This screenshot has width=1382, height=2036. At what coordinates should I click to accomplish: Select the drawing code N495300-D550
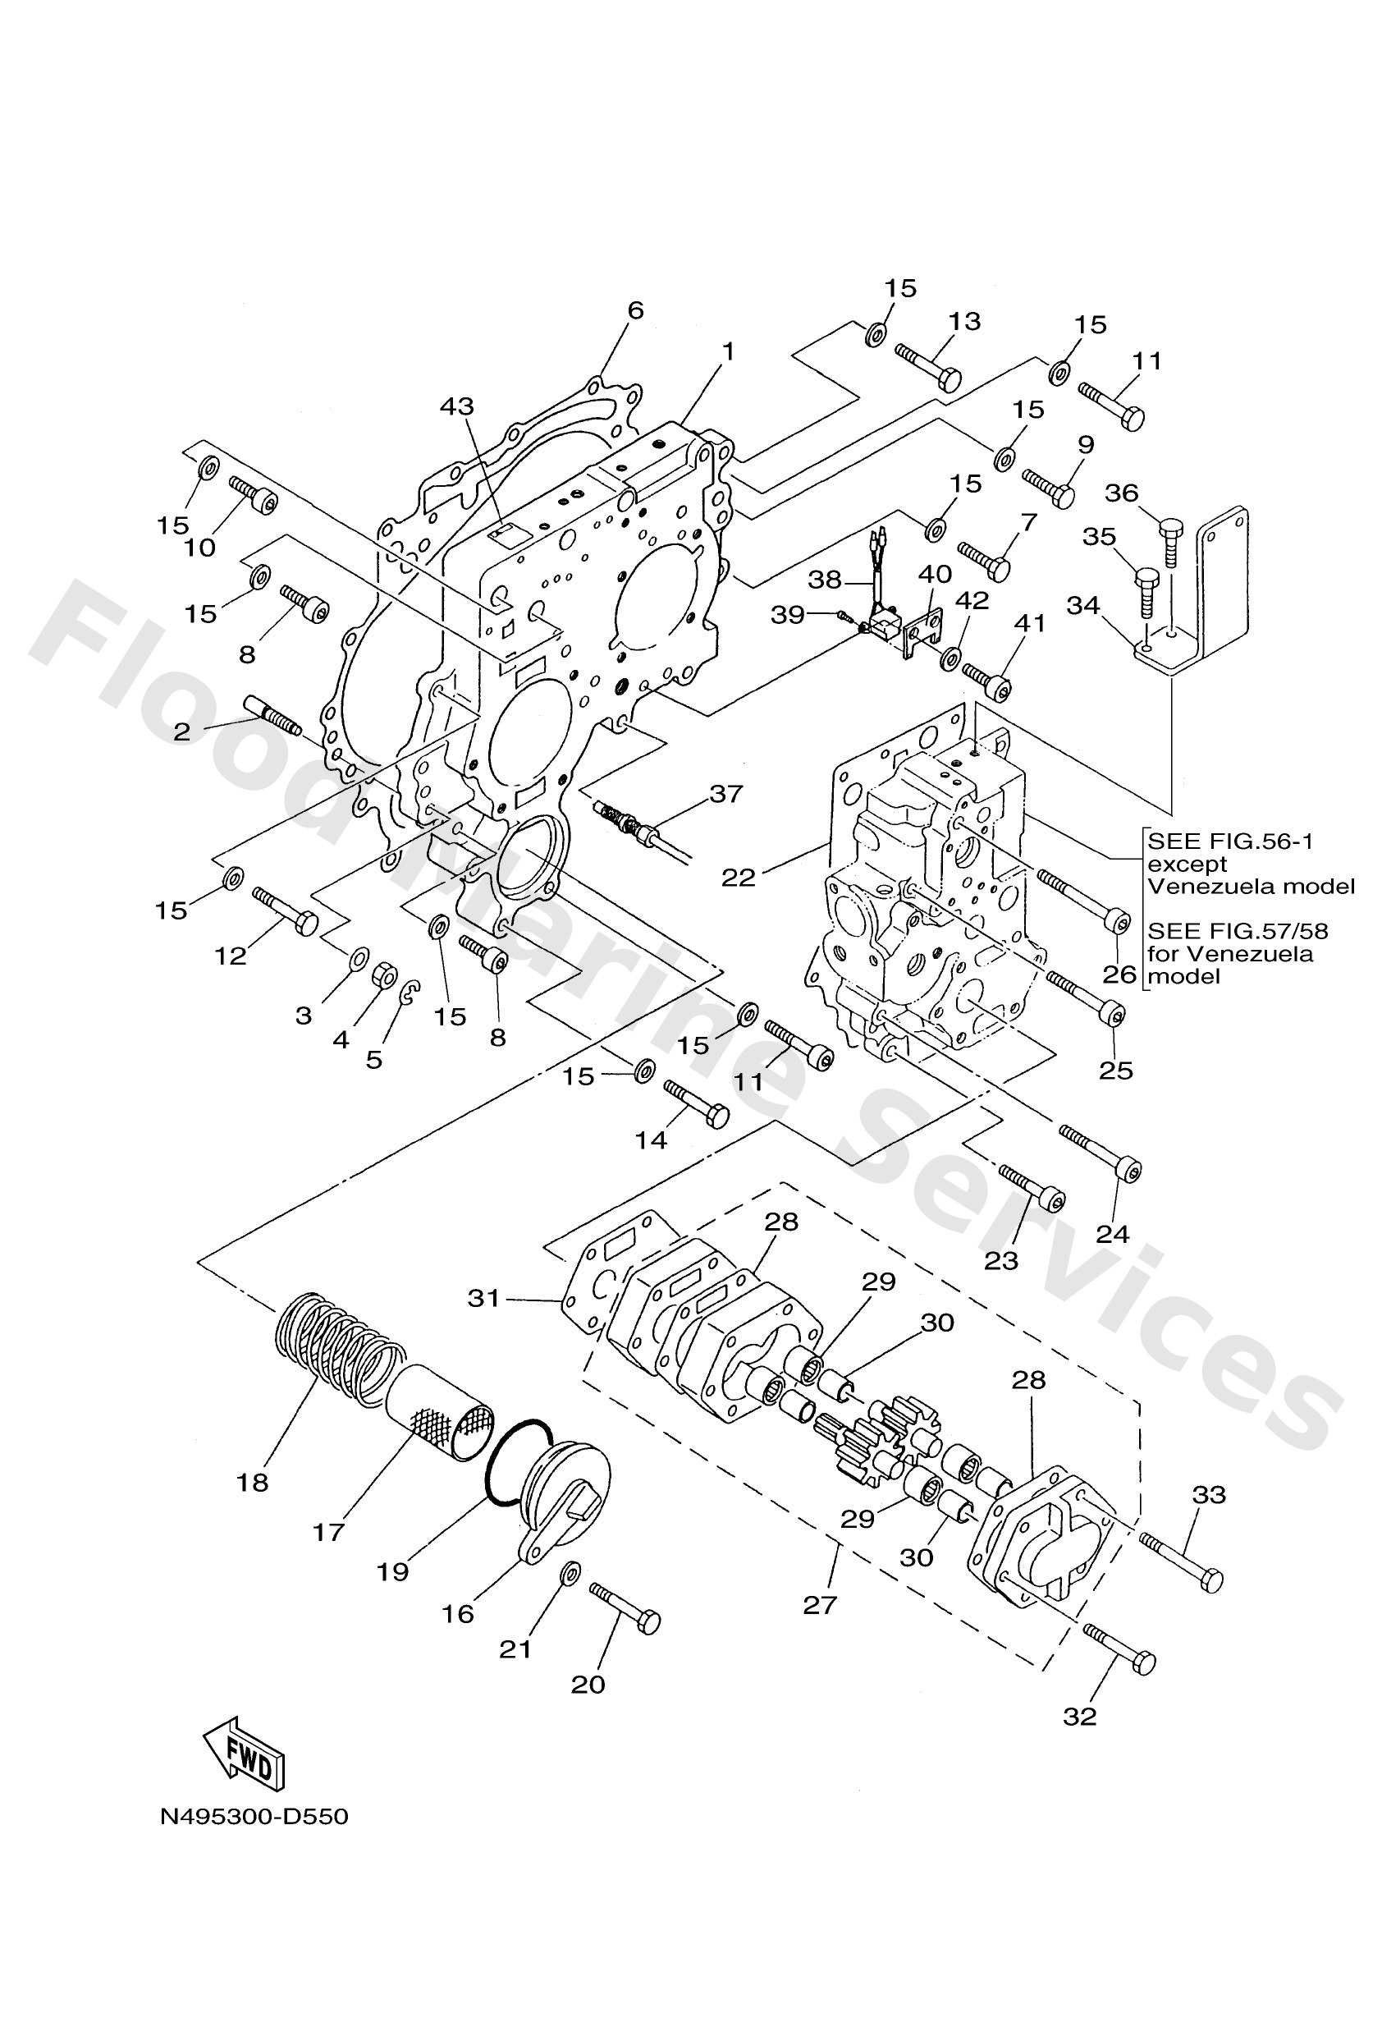point(254,1816)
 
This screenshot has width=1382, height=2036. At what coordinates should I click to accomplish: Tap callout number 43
point(456,406)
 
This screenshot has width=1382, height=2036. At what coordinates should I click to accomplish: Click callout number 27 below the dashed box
point(821,1605)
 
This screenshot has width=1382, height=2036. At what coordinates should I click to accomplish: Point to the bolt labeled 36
point(1172,543)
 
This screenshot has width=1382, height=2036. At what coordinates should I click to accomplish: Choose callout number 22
point(739,877)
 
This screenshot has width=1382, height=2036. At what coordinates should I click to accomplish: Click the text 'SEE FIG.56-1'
point(1230,841)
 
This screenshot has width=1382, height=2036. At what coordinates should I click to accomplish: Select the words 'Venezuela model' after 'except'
point(1251,886)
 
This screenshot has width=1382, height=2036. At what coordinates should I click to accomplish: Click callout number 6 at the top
point(636,310)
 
